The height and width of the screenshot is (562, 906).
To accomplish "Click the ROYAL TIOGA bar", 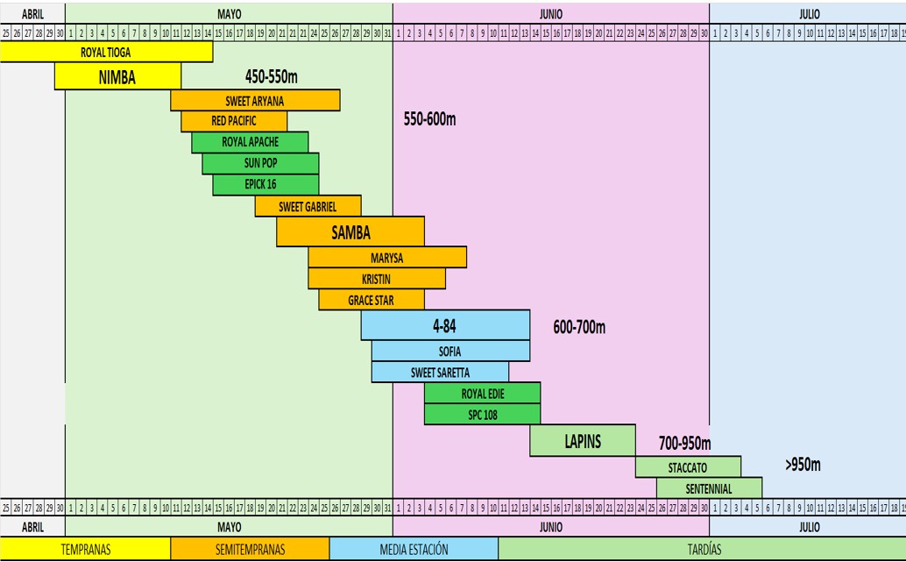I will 106,53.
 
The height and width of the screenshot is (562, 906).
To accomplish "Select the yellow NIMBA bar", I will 117,77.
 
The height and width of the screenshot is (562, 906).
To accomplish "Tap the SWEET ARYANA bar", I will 255,101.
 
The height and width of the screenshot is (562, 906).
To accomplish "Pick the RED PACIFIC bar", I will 234,121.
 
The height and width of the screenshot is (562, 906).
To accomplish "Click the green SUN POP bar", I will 260,164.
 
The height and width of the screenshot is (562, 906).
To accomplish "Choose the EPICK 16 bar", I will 265,185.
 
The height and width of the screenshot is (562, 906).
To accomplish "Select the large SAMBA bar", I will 350,232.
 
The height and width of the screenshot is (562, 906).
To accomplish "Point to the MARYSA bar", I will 387,258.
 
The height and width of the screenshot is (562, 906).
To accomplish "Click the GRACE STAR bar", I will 372,301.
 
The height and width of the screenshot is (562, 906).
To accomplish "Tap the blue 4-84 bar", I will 445,325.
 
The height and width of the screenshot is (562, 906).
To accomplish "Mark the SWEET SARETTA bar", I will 440,373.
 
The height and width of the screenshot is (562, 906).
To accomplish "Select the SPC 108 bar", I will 482,415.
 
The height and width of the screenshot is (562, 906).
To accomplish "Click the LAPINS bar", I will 583,441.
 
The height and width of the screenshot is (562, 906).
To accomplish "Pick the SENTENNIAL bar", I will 709,488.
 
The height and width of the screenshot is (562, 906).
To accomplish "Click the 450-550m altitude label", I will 273,76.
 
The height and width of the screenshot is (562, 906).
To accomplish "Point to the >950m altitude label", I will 803,465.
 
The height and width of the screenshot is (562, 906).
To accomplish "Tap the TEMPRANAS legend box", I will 85,550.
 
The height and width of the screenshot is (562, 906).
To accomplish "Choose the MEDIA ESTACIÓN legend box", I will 414,550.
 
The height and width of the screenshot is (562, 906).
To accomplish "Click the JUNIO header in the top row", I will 551,14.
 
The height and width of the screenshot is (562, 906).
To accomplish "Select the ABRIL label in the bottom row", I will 32,527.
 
